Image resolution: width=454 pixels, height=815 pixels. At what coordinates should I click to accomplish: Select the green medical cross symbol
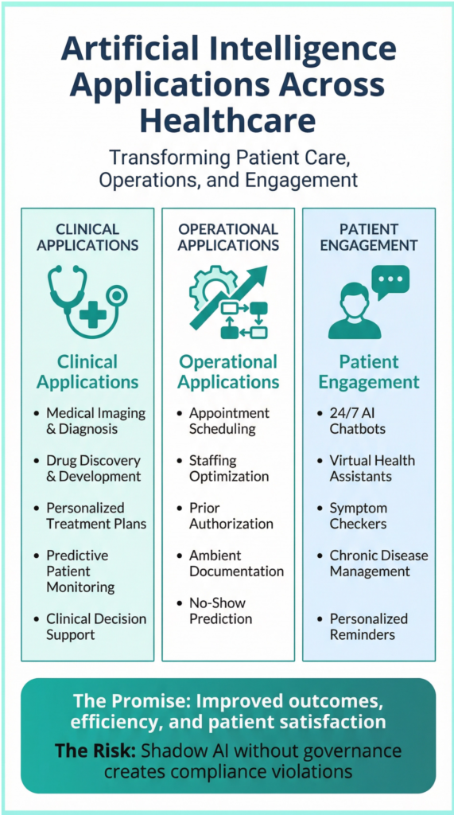(x=93, y=315)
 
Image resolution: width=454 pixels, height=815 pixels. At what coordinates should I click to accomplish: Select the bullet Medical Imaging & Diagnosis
(x=95, y=421)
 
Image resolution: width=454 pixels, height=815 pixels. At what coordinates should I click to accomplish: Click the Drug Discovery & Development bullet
(x=93, y=469)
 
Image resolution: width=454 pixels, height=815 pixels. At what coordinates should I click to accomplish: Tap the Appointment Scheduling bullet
(x=229, y=421)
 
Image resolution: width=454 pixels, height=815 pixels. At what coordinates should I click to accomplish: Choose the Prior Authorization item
(x=231, y=516)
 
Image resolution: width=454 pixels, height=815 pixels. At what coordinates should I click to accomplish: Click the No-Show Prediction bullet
(x=220, y=610)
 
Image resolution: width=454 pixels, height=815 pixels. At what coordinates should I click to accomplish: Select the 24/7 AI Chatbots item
(x=357, y=421)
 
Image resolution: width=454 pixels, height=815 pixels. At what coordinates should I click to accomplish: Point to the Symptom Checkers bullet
(x=359, y=516)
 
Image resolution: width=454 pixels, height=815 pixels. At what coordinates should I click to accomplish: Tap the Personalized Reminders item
(x=368, y=626)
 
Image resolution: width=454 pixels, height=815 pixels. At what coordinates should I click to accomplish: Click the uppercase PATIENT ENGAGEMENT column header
(x=368, y=236)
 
